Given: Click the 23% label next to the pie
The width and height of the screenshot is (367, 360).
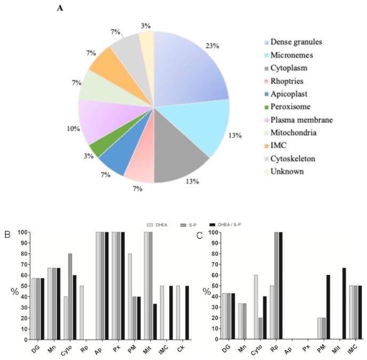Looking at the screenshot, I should coord(213,46).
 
